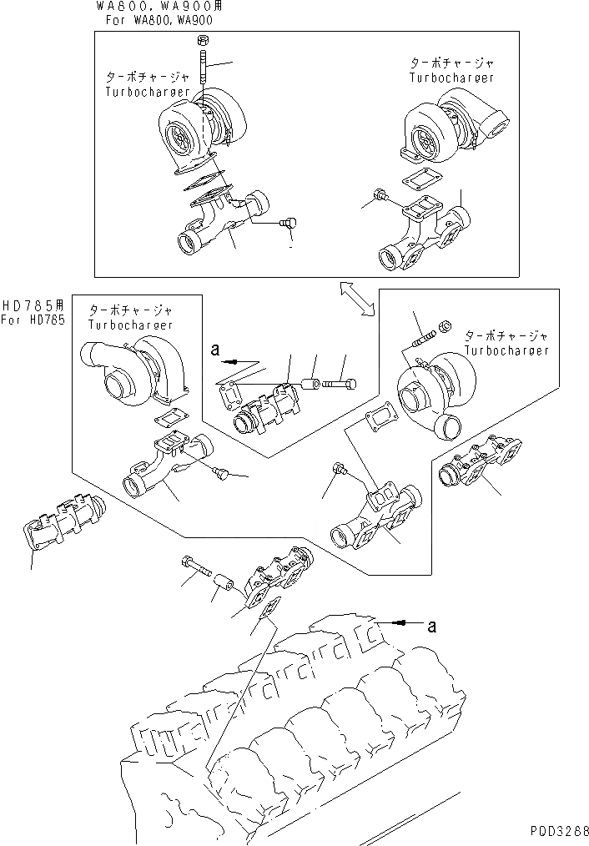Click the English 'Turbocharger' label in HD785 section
pos(130,325)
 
